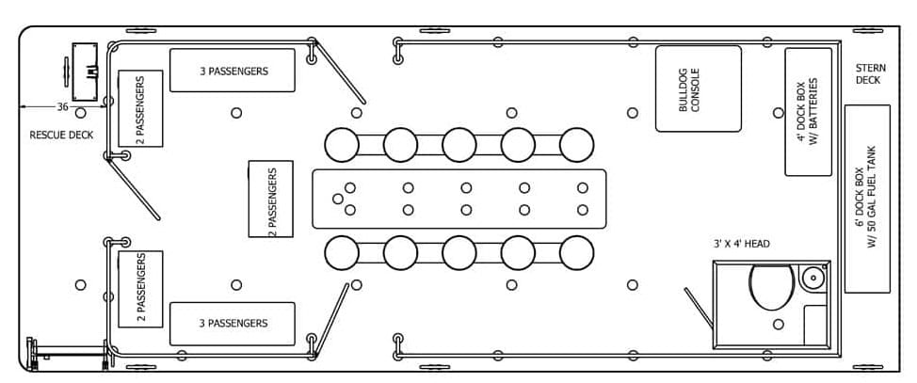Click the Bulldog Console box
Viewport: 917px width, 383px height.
[x=698, y=88]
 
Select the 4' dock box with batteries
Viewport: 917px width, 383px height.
[x=808, y=112]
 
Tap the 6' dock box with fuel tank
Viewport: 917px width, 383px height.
[x=867, y=198]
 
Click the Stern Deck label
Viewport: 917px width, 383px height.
[x=867, y=73]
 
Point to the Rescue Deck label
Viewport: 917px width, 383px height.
[x=61, y=135]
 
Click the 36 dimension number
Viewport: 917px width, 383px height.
[x=61, y=106]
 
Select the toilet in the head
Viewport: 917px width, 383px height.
[x=773, y=286]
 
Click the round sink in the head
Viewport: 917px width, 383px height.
[x=812, y=278]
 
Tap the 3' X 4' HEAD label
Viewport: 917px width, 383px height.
[x=741, y=244]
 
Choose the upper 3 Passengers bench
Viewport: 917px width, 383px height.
[x=233, y=71]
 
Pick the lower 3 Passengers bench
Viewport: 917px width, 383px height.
[x=233, y=324]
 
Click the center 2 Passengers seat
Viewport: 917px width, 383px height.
[x=270, y=199]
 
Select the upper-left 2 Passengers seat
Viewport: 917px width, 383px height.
[x=140, y=108]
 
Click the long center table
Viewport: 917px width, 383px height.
[x=458, y=199]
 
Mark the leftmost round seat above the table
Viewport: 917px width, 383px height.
[x=342, y=144]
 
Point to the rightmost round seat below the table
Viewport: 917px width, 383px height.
[x=576, y=252]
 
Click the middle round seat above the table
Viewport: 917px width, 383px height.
[x=458, y=144]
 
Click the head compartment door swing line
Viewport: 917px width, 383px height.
[x=698, y=308]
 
